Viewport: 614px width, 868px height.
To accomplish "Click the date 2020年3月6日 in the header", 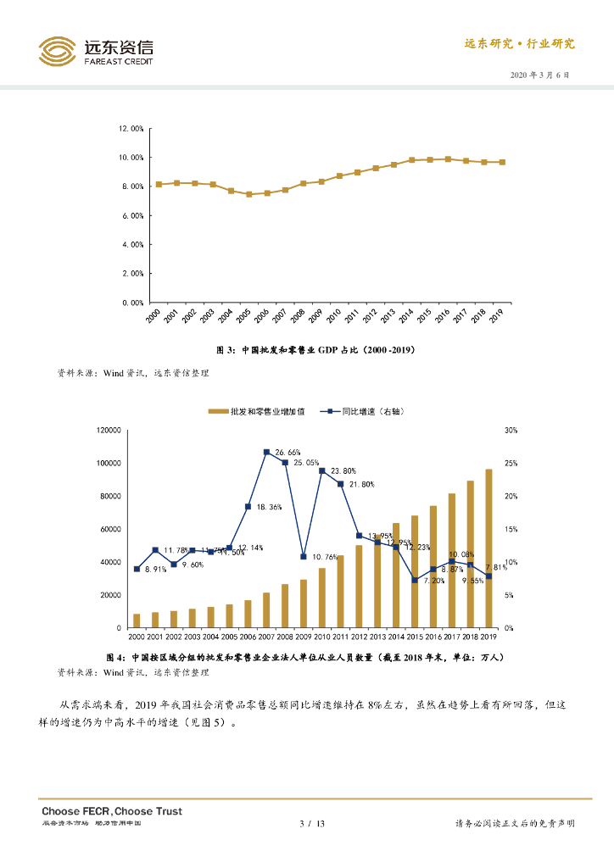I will tap(540, 75).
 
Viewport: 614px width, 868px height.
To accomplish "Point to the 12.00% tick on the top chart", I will tap(131, 129).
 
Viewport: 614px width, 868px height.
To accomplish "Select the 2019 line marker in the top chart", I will tap(502, 162).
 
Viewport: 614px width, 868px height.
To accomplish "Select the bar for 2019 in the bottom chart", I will tap(488, 548).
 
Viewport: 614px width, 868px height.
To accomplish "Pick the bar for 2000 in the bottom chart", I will tap(137, 620).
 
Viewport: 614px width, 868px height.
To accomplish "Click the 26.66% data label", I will tap(287, 453).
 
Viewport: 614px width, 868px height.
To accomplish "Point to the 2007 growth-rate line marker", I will tap(266, 452).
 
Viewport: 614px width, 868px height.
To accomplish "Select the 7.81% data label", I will tap(497, 567).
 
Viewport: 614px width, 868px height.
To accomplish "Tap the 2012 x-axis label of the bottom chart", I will tap(359, 636).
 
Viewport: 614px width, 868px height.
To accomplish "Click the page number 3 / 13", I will tap(313, 824).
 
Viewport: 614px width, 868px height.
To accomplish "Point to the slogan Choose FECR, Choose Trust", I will tap(112, 811).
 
